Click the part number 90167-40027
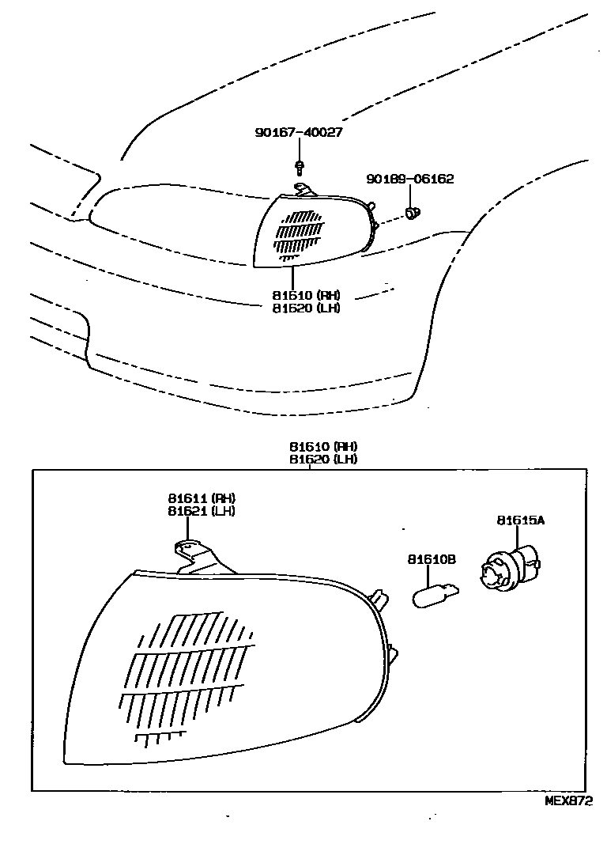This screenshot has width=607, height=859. [x=298, y=133]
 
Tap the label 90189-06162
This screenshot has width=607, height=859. [x=409, y=180]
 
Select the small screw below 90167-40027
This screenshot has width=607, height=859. [x=300, y=167]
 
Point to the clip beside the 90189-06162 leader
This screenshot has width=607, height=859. [x=412, y=212]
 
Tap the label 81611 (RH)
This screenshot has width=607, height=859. [x=202, y=498]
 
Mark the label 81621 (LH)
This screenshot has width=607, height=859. [x=202, y=511]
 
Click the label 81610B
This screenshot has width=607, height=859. [x=432, y=559]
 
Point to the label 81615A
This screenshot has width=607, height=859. [x=521, y=520]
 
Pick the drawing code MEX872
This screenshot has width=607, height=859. [x=567, y=800]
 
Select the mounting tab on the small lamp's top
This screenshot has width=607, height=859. [x=303, y=190]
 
